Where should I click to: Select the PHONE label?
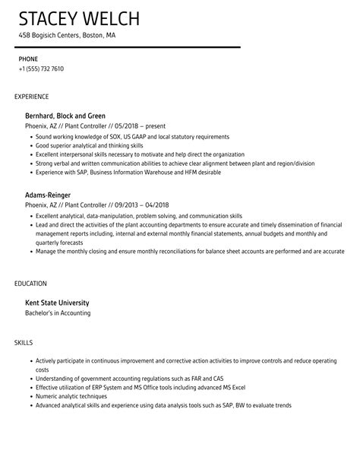(28, 59)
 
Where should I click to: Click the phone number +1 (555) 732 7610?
(41, 68)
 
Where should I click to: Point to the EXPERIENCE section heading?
(32, 97)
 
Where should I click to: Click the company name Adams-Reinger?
(53, 195)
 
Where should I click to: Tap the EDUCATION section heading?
(31, 284)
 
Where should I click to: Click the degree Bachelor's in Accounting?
(58, 312)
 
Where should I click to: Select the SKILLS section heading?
(24, 343)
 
